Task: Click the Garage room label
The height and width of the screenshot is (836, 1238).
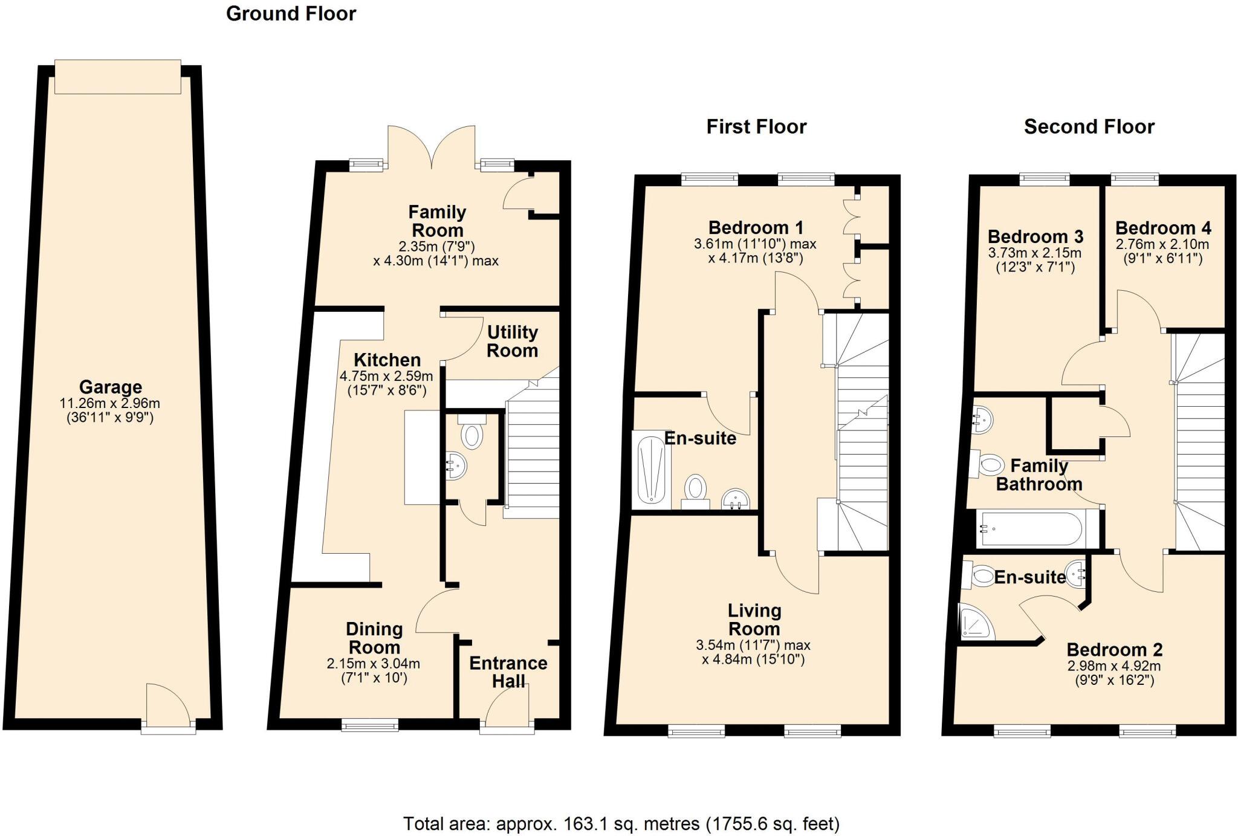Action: [110, 387]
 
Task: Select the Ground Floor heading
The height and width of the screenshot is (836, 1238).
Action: [291, 13]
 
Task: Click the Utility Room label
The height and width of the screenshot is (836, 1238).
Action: [512, 342]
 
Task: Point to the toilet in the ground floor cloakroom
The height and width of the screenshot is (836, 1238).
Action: [472, 434]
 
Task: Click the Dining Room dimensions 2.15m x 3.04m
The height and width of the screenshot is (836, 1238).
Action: [373, 664]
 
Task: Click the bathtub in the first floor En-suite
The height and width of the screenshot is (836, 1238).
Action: [651, 469]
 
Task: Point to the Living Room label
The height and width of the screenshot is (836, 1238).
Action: [754, 620]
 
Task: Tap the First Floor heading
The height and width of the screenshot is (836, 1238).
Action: [756, 127]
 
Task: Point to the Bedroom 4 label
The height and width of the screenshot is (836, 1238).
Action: [1162, 228]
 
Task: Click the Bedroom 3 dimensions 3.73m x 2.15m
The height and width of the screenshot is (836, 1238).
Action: [1035, 253]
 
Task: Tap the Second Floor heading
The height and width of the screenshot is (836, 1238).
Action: [1089, 127]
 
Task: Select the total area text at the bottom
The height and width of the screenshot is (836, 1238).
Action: [621, 823]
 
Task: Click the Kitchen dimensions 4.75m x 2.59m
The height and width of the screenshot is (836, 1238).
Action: [386, 376]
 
